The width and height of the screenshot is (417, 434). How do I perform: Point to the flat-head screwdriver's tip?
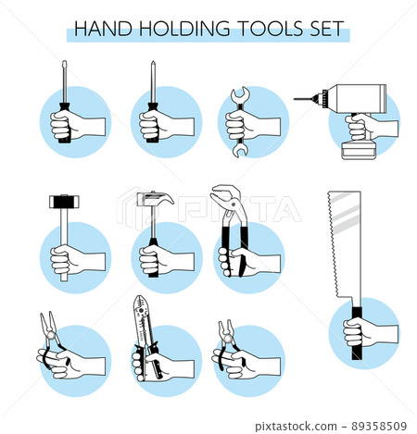tap(64, 65)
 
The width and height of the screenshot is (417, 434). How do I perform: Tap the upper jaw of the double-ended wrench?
tap(238, 93)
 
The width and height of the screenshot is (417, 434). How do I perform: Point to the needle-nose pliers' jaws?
tap(44, 325)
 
